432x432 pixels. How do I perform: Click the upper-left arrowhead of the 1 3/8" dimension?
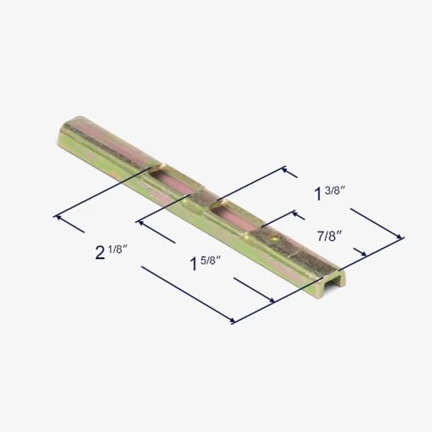pos(286,170)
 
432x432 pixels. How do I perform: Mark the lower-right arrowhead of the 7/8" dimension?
pos(364,253)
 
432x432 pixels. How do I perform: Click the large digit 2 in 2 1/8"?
pos(101,253)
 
